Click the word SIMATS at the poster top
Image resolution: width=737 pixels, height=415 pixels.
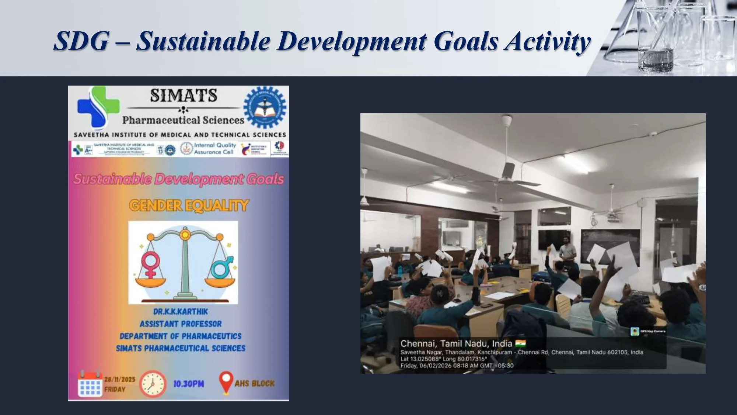(183, 96)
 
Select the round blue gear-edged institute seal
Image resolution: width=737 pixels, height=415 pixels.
(265, 107)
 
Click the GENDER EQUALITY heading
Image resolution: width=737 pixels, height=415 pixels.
(189, 205)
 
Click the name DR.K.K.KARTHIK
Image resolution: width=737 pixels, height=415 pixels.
(181, 312)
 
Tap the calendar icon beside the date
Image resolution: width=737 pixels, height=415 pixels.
(90, 384)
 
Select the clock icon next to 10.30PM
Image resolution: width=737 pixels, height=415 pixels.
(153, 384)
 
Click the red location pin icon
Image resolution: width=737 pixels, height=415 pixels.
(226, 382)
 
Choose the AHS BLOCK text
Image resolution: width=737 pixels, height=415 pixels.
(255, 383)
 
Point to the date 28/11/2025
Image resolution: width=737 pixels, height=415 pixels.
(120, 379)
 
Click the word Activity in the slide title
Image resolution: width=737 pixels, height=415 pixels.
(548, 41)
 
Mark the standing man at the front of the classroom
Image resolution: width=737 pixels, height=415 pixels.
(567, 252)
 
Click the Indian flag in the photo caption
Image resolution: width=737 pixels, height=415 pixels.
(520, 344)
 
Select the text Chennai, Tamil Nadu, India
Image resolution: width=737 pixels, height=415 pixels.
(456, 344)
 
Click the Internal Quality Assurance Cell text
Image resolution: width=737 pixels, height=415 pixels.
(214, 149)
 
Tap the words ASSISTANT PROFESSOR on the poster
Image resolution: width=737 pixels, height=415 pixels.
(181, 324)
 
